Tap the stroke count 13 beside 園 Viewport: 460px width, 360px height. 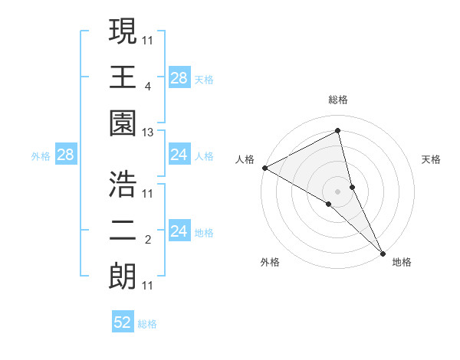pos(147,133)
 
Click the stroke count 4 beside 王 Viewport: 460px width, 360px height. pos(147,87)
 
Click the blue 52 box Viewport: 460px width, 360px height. pos(123,322)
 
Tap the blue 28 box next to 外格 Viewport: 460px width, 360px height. pos(65,155)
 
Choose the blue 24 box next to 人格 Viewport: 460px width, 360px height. pos(179,155)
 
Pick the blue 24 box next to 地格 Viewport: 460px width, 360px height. pos(179,231)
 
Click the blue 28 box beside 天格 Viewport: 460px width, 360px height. pos(179,77)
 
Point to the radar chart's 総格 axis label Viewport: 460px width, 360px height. pos(338,100)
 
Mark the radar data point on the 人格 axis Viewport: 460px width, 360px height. pos(264,168)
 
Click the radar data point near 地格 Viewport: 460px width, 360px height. pos(382,252)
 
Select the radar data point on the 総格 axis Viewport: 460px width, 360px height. pos(338,131)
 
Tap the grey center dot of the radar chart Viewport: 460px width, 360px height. pos(338,191)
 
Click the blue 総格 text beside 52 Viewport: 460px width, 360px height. pos(147,323)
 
